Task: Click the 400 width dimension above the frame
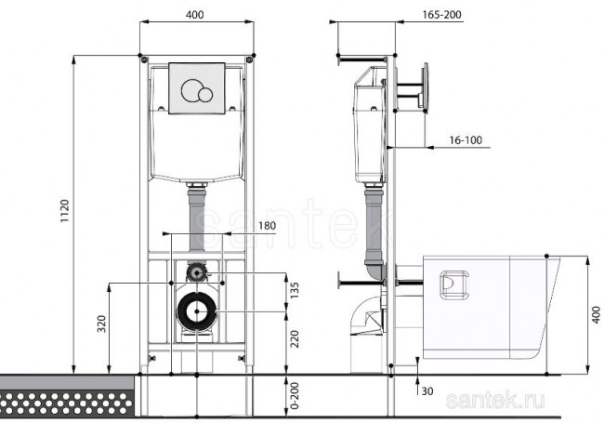click(195, 16)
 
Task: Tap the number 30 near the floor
click(427, 390)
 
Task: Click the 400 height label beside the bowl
click(595, 316)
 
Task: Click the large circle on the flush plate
click(192, 90)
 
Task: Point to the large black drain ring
click(196, 311)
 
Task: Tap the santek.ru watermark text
click(495, 400)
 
